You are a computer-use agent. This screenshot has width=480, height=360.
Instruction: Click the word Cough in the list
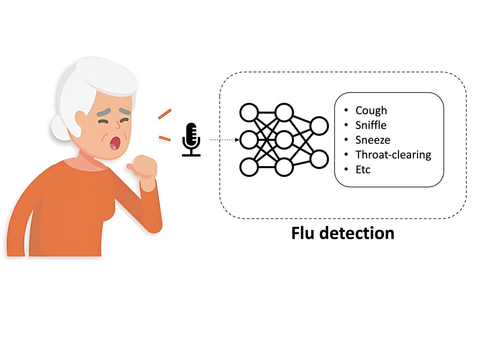[x=371, y=111]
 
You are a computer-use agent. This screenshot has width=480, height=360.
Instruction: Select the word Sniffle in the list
[x=371, y=125]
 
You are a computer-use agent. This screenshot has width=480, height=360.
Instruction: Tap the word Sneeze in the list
[x=372, y=140]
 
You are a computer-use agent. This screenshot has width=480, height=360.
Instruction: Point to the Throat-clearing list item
[x=393, y=155]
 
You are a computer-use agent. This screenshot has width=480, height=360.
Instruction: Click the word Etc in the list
[x=363, y=169]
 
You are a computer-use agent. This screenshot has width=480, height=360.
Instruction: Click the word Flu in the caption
[x=306, y=233]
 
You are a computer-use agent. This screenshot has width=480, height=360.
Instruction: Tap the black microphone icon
[x=191, y=140]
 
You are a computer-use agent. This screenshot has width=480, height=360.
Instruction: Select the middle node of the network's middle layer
[x=284, y=140]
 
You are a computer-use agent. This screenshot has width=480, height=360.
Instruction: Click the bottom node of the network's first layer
[x=249, y=167]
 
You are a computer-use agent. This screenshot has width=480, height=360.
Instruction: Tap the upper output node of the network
[x=319, y=126]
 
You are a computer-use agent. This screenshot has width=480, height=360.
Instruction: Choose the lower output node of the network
[x=319, y=158]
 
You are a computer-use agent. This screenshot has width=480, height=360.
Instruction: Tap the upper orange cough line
[x=165, y=114]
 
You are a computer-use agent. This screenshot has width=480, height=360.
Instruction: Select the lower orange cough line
[x=164, y=139]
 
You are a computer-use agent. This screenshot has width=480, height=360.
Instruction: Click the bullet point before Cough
[x=346, y=111]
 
